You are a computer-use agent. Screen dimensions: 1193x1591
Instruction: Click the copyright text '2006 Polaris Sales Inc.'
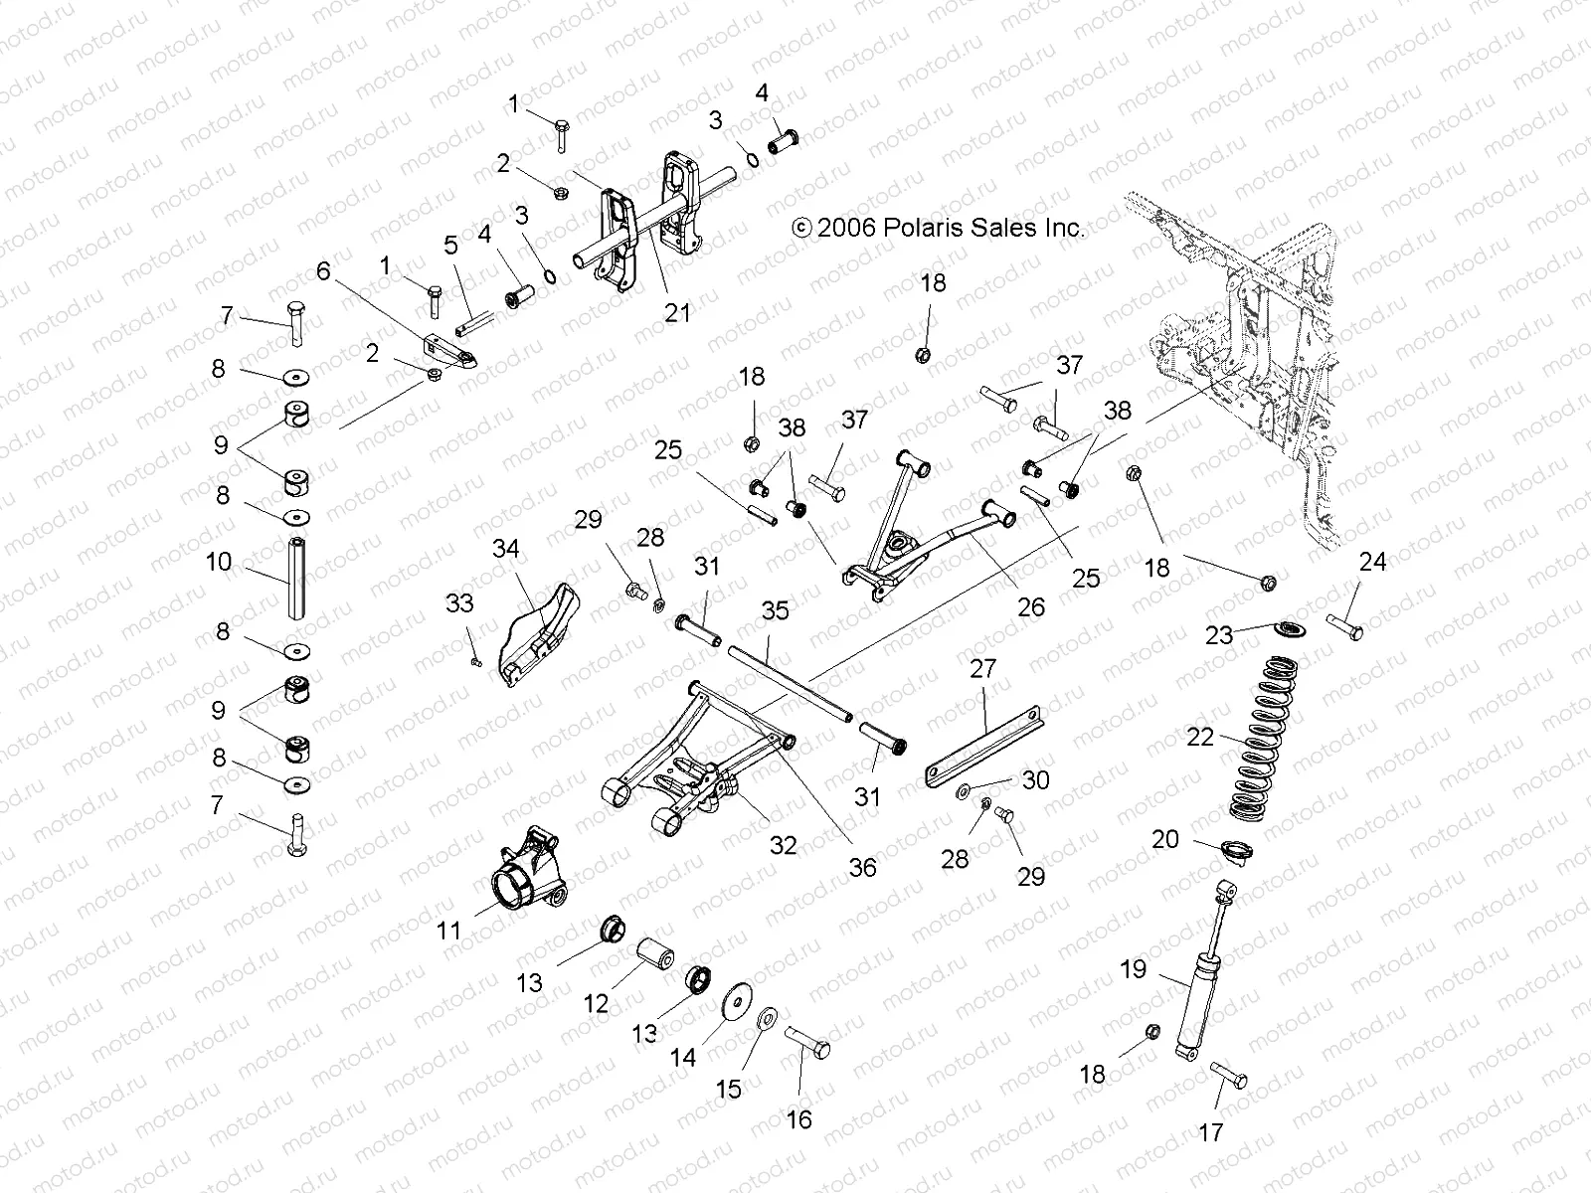click(952, 228)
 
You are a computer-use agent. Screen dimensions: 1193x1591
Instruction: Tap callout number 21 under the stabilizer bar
click(677, 312)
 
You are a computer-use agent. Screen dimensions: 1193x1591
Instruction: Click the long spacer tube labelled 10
click(296, 577)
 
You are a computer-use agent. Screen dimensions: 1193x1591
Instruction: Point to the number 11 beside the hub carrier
click(448, 931)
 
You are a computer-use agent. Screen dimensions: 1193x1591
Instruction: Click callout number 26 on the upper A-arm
click(1031, 605)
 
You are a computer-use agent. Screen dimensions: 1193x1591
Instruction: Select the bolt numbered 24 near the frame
click(1343, 627)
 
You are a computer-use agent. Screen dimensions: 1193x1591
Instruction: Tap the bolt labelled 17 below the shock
click(1229, 1076)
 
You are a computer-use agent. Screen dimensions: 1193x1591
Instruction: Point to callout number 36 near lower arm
click(862, 867)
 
